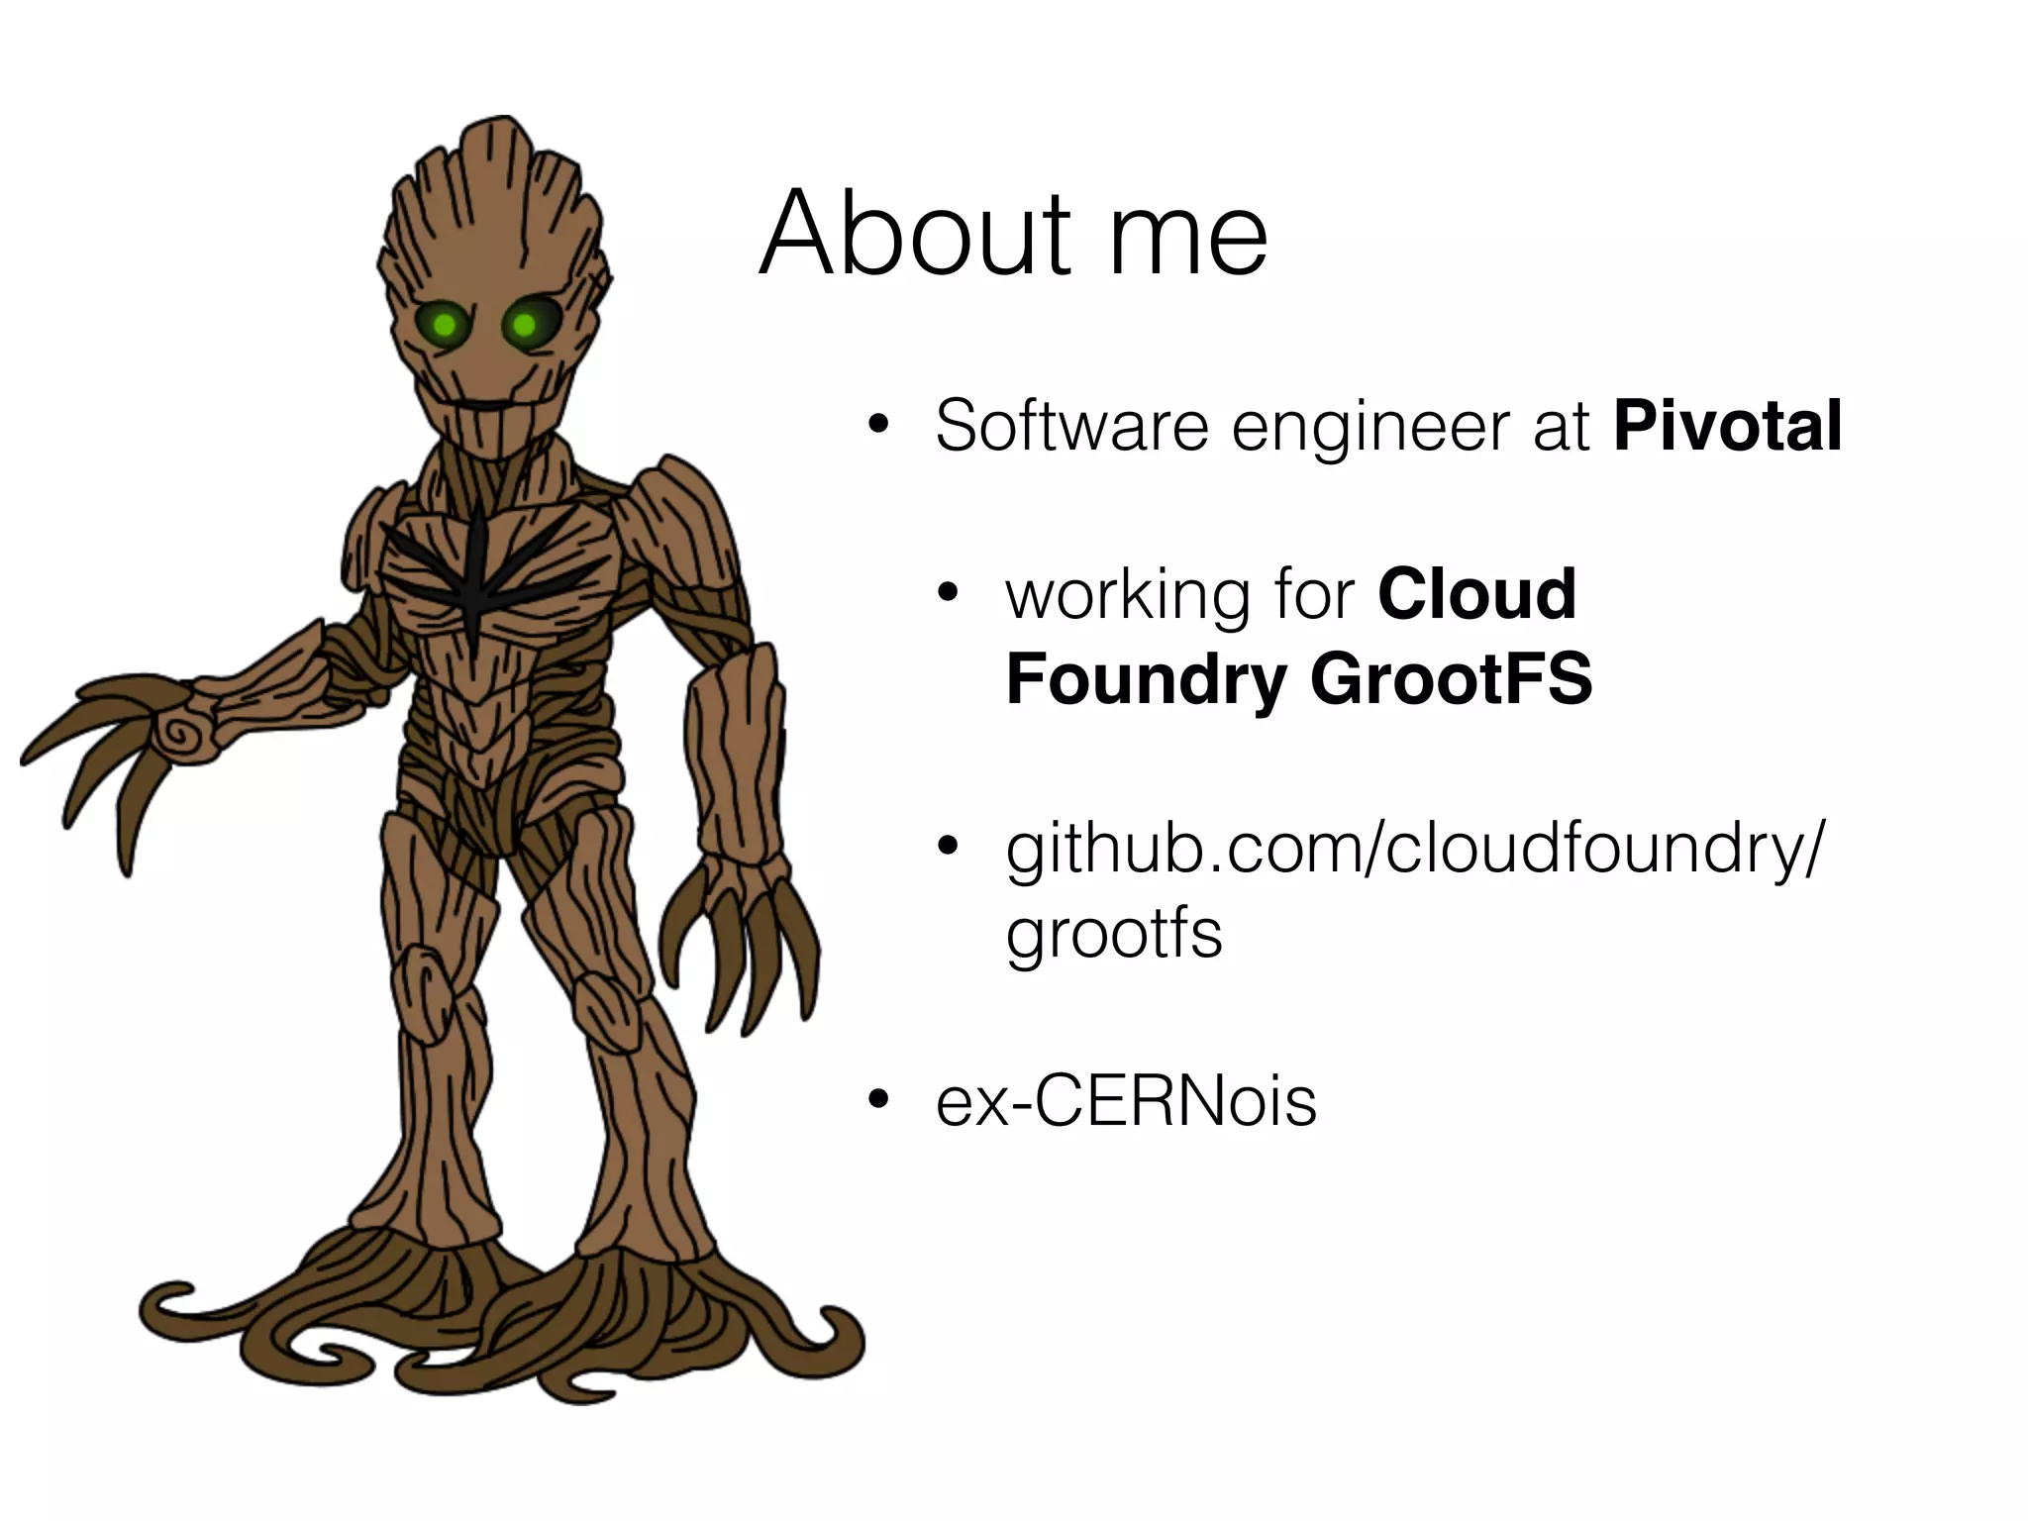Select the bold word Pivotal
tap(1727, 426)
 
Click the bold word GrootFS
tap(1451, 679)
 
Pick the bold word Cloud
tap(1476, 594)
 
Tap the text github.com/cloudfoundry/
tap(1412, 850)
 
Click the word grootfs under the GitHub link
tap(1113, 935)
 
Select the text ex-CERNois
tap(1126, 1101)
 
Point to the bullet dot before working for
tap(949, 594)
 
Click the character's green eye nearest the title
tap(525, 324)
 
